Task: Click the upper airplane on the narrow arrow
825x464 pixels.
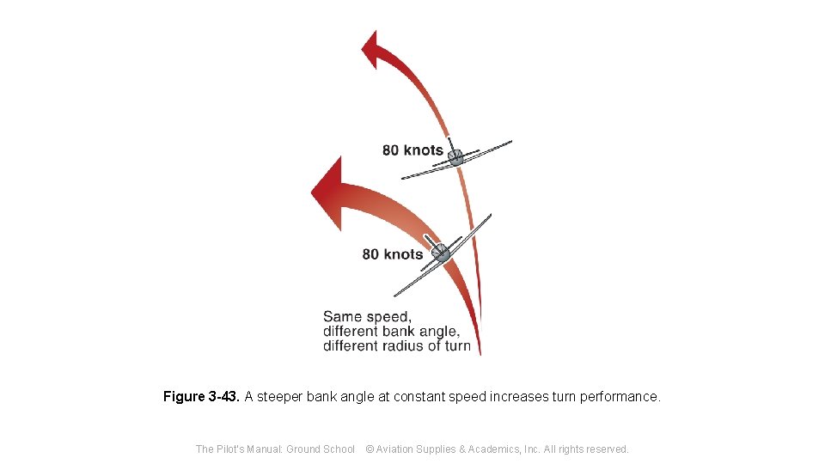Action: (456, 158)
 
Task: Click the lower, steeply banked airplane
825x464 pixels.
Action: (442, 253)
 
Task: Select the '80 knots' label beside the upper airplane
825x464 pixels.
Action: (412, 150)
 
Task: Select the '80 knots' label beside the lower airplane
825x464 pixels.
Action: (393, 254)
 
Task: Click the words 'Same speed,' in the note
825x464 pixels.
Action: (367, 316)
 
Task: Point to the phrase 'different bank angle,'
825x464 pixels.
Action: (391, 331)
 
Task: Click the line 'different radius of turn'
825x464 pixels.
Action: (397, 345)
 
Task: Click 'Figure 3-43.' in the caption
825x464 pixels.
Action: (202, 397)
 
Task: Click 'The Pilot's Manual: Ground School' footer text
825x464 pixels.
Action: (275, 449)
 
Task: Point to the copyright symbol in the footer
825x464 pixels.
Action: (370, 449)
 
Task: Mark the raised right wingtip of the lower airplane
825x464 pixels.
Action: (489, 216)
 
